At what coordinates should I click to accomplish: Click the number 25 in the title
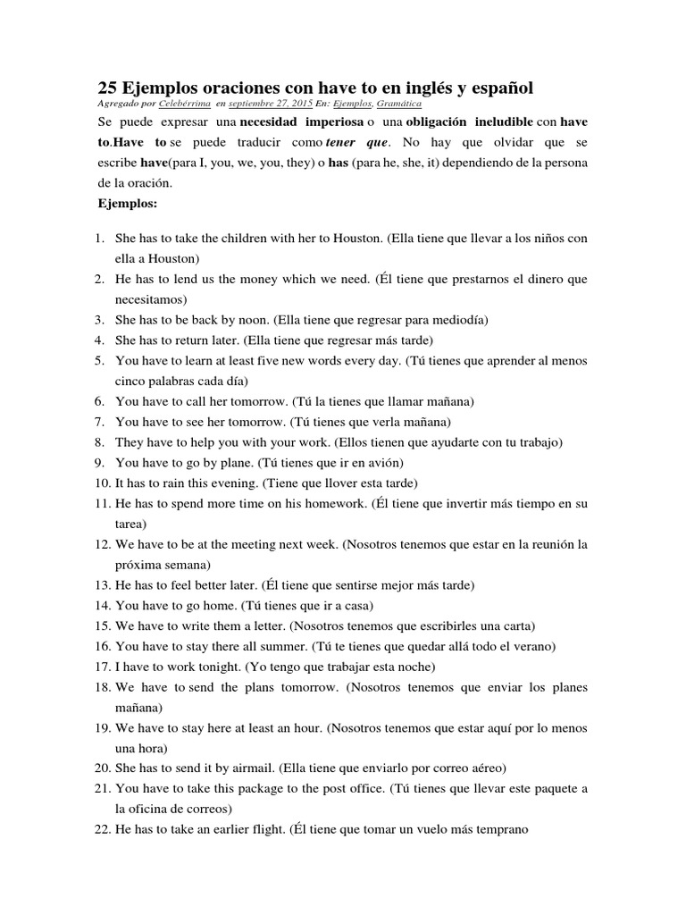(x=105, y=88)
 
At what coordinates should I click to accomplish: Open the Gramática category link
(x=399, y=104)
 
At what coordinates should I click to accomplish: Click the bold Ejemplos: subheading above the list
(x=127, y=203)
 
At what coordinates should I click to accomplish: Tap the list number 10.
(x=101, y=483)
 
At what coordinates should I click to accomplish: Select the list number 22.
(x=101, y=829)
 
